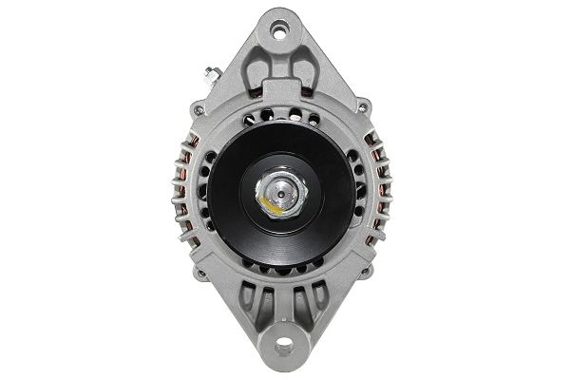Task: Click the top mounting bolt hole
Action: [x=278, y=31]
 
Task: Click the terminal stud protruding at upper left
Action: [x=207, y=72]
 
